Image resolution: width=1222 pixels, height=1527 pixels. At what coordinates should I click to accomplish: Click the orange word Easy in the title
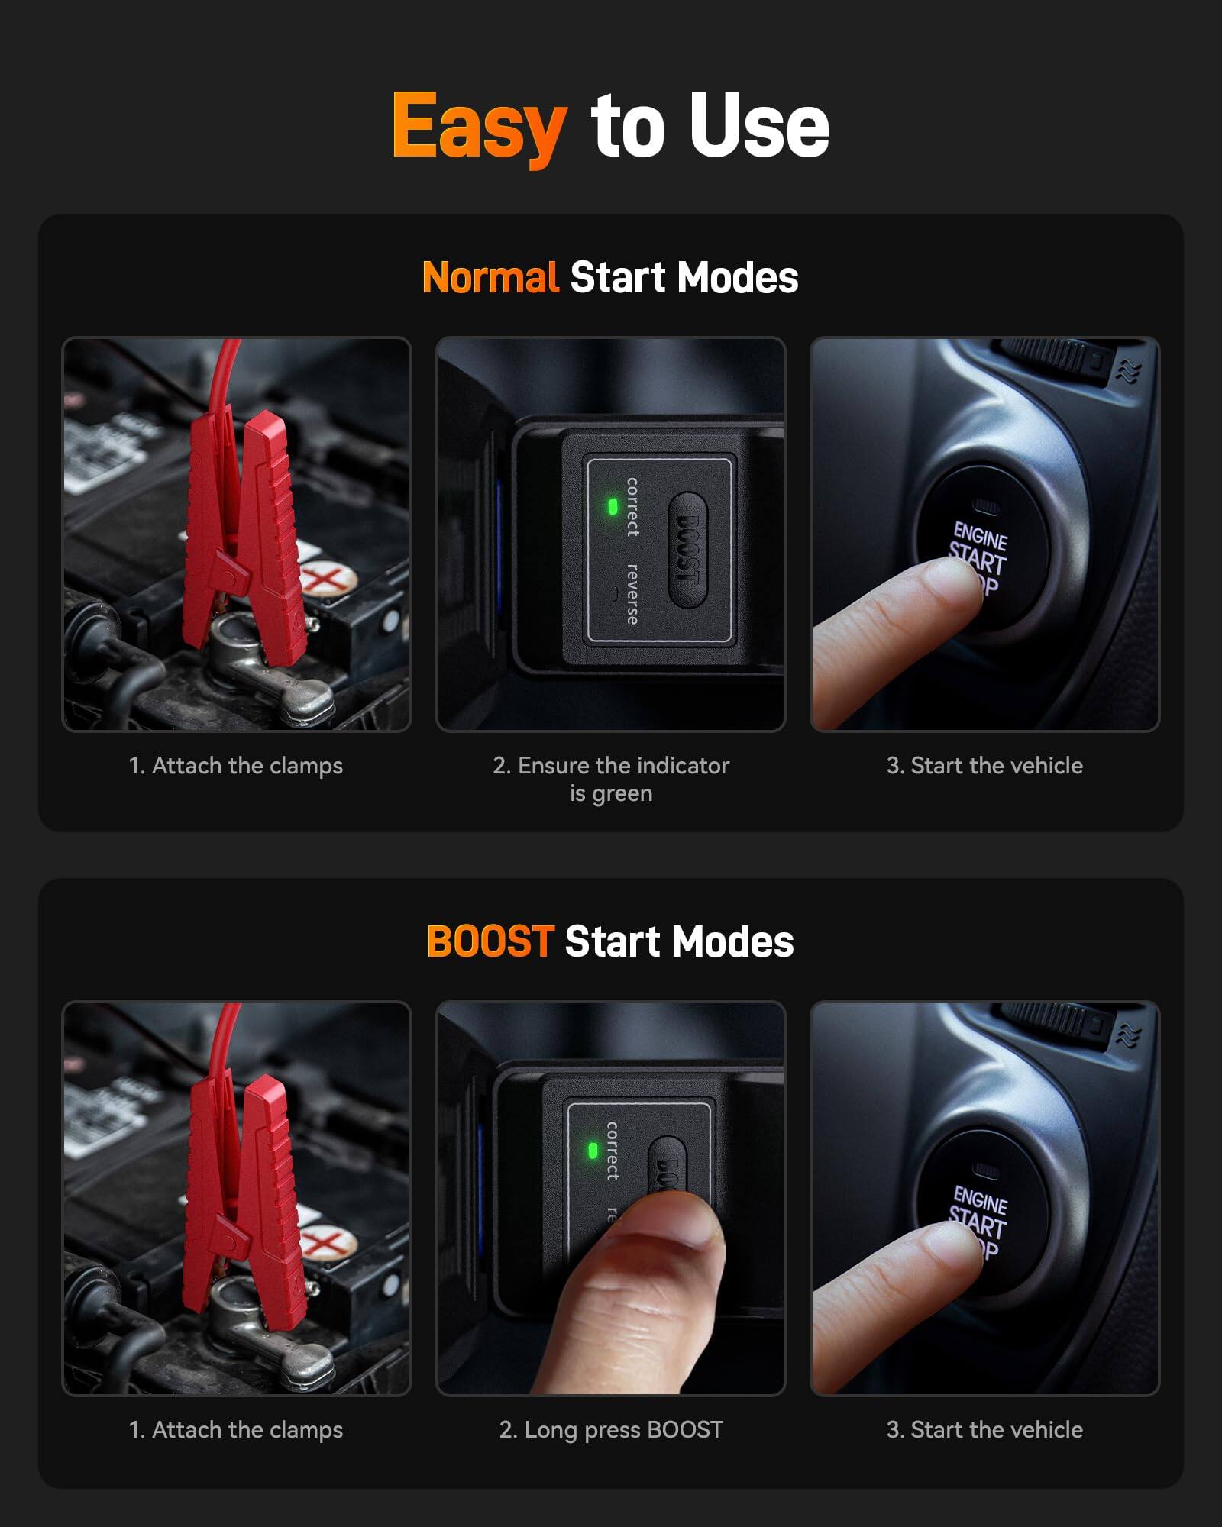click(x=479, y=126)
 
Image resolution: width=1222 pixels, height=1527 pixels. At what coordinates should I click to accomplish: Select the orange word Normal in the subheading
click(x=490, y=277)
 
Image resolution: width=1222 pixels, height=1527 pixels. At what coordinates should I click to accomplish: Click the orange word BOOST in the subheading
click(x=490, y=941)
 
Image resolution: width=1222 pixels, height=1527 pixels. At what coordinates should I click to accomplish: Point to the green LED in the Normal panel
click(x=613, y=506)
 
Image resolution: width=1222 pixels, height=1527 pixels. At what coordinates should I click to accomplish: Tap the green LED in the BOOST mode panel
click(x=593, y=1151)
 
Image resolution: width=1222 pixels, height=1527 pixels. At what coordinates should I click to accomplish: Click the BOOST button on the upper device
click(x=688, y=550)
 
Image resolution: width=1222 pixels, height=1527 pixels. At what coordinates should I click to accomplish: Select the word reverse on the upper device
click(x=632, y=595)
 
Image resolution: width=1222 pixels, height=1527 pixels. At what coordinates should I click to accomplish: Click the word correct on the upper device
click(x=632, y=506)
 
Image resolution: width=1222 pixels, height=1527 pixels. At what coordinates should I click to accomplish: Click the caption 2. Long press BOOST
click(x=611, y=1430)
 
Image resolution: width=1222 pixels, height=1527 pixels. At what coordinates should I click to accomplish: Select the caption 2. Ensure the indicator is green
click(x=611, y=779)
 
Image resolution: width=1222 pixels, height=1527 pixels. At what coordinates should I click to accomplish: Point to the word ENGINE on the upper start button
click(x=981, y=536)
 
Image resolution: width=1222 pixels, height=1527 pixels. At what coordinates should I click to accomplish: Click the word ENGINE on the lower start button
click(x=981, y=1200)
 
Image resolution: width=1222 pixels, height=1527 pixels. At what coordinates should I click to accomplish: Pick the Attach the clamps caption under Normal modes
click(x=236, y=766)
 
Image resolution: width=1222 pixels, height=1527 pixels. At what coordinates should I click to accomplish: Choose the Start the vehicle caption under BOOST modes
click(x=984, y=1430)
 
